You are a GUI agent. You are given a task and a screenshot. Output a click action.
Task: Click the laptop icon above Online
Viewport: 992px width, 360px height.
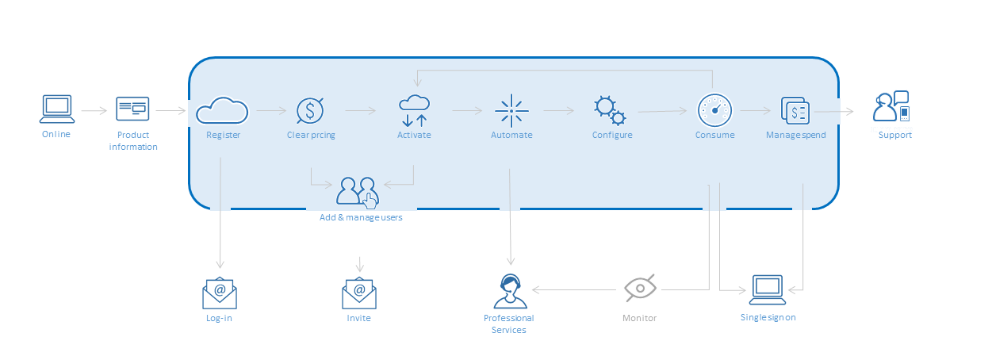click(x=57, y=109)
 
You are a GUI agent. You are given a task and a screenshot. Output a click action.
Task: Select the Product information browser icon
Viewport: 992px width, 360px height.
click(x=132, y=109)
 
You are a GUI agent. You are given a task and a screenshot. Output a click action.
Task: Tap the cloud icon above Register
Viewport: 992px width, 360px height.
click(x=222, y=110)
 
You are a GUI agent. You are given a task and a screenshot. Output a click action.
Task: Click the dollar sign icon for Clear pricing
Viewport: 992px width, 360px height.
click(x=309, y=110)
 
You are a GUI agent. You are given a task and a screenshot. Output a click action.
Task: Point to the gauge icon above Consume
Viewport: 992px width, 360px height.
click(x=714, y=110)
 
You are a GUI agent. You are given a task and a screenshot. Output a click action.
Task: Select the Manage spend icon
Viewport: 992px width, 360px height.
click(x=795, y=110)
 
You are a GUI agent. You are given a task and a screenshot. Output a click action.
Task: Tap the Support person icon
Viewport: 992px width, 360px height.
click(x=891, y=108)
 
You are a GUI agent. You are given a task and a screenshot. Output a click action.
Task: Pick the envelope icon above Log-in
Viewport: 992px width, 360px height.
click(x=220, y=293)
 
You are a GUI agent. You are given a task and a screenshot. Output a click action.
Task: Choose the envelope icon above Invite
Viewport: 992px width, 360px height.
click(x=359, y=293)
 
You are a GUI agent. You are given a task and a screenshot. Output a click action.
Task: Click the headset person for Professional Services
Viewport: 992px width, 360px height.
click(x=510, y=291)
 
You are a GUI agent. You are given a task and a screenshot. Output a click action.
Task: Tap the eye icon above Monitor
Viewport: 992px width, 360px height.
click(x=640, y=289)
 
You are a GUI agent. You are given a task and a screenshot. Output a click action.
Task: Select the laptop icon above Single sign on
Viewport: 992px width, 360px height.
click(x=767, y=290)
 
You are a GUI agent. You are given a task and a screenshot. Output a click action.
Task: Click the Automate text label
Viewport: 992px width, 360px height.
click(x=511, y=135)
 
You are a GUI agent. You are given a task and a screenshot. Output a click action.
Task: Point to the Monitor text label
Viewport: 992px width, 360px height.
click(x=639, y=318)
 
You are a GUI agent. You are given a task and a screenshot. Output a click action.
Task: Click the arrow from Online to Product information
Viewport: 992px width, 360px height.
click(x=94, y=112)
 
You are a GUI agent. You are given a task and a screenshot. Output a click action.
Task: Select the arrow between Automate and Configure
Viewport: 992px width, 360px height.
click(x=559, y=112)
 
